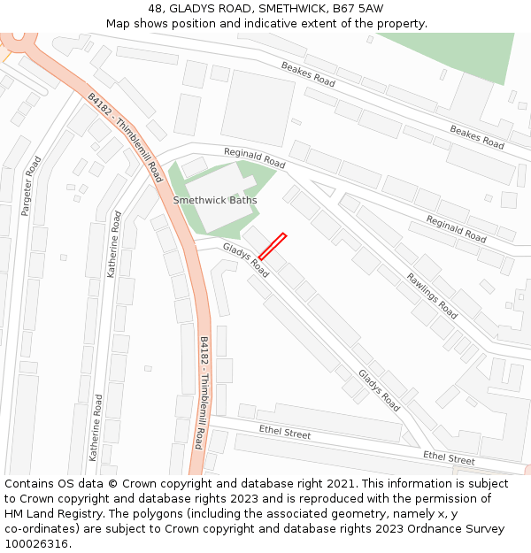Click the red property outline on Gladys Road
(x=272, y=246)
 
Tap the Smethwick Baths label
(x=215, y=200)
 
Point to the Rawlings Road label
(x=432, y=296)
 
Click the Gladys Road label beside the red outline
(x=245, y=260)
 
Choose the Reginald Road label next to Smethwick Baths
(x=254, y=158)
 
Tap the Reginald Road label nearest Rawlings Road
(x=456, y=229)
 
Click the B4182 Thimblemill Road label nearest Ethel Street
(x=201, y=392)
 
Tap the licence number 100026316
(x=35, y=544)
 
